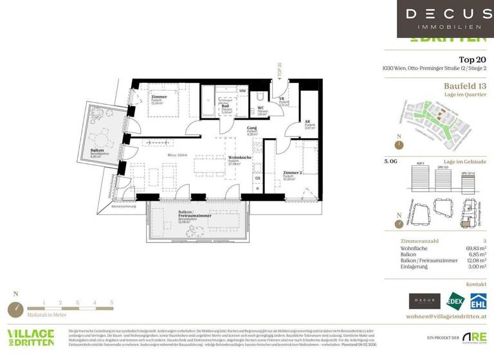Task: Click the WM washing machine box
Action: (242, 91)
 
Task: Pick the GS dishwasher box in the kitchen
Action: (257, 178)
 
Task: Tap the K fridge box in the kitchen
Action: (258, 188)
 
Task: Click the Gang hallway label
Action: (252, 129)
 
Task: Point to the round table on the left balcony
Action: (102, 138)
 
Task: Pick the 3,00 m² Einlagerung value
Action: (475, 272)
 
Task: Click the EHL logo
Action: (477, 301)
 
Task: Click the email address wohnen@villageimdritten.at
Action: (446, 317)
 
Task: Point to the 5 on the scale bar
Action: (111, 301)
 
